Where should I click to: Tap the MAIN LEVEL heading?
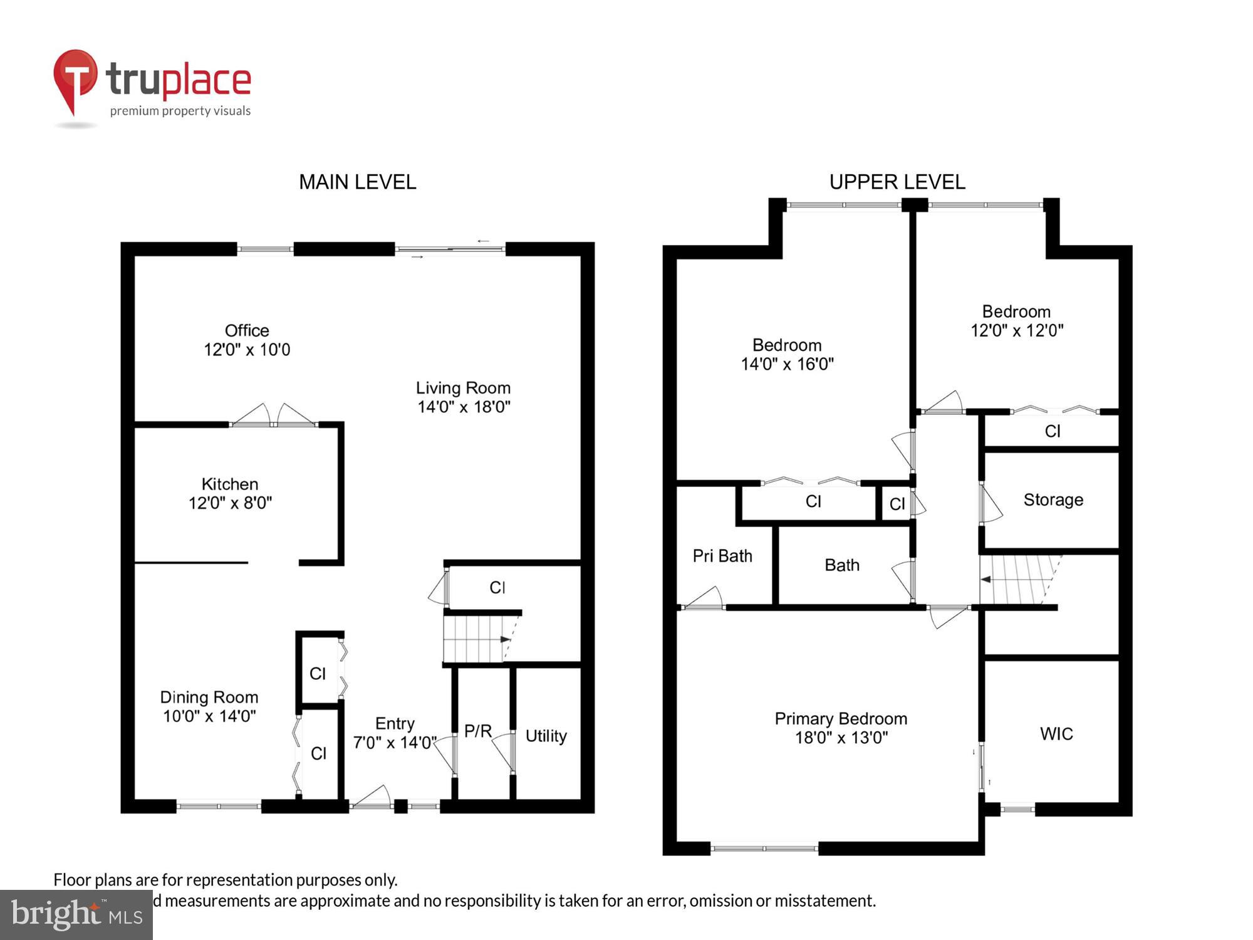coord(357,182)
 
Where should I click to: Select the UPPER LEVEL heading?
coord(897,182)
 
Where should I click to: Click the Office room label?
coord(247,331)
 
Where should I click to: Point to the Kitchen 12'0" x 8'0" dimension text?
coord(230,503)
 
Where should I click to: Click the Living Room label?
coord(463,388)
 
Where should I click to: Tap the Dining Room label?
coord(209,697)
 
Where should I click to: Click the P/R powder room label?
coord(478,731)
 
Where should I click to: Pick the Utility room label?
coord(546,736)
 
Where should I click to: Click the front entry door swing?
coord(372,798)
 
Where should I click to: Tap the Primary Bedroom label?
coord(841,719)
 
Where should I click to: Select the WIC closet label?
coord(1056,734)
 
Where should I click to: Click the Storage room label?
coord(1053,499)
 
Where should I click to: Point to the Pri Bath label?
coord(722,556)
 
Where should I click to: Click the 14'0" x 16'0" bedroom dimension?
coord(787,364)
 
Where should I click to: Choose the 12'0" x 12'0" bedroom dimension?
coord(1017,330)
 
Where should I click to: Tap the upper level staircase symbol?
coord(1018,580)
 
